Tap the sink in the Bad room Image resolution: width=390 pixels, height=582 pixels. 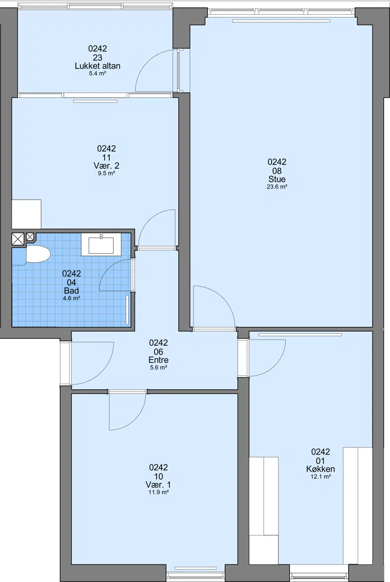tap(101, 244)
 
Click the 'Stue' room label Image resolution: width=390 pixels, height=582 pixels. tap(277, 179)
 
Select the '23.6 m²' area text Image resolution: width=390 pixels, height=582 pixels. tap(277, 187)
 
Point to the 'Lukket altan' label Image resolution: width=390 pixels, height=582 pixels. tap(97, 66)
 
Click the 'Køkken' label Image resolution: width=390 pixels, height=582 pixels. tap(321, 469)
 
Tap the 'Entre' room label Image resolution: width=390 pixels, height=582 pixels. tap(158, 360)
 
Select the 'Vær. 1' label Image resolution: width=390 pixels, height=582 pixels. tap(158, 485)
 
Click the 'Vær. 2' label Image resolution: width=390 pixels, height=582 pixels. tap(106, 165)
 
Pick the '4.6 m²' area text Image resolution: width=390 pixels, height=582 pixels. tap(72, 298)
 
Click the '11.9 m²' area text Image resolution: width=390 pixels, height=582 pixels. tap(158, 492)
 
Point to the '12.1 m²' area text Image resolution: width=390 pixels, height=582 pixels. tap(321, 477)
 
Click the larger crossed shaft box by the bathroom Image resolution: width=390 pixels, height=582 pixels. tap(18, 239)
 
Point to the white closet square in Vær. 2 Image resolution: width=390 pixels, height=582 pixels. tap(26, 214)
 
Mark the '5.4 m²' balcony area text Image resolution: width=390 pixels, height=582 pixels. tap(97, 74)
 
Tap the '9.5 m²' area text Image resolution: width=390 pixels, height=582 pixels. tap(106, 173)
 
